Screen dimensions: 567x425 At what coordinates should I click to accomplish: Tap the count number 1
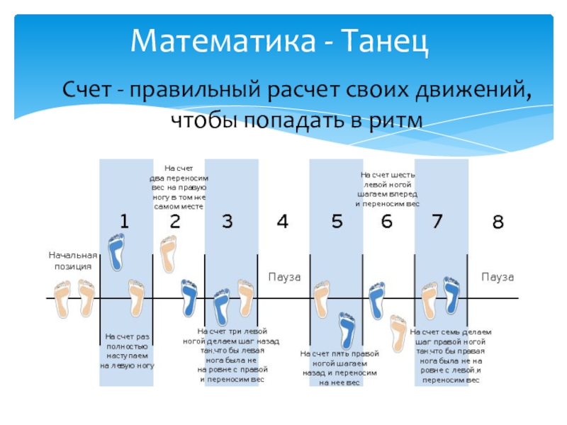coord(124,222)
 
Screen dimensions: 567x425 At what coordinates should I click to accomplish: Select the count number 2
coord(175,222)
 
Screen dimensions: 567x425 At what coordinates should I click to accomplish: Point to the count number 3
coord(227,222)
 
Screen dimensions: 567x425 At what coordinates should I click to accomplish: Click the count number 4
coord(282,222)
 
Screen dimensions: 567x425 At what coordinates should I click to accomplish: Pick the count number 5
coord(337,222)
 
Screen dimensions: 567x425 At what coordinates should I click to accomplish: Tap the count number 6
coord(386,222)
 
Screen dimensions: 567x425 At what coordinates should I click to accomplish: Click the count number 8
coord(498,222)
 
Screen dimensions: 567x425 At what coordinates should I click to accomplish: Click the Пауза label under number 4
coord(284,276)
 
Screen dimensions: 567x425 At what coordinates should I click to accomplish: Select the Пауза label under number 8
coord(497,276)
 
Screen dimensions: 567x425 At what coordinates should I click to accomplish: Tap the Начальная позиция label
coord(72,260)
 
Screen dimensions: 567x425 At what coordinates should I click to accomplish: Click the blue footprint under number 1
coord(116,252)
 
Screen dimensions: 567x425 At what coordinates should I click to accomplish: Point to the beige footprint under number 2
coord(168,254)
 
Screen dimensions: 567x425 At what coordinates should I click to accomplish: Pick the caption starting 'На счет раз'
coord(127,351)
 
